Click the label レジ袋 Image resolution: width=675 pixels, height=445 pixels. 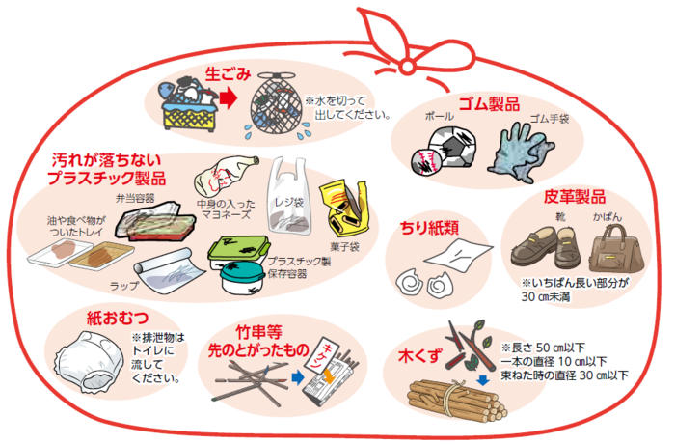pos(290,203)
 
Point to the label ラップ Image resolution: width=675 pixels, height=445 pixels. pos(124,286)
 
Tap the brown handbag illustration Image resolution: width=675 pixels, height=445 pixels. pos(614,250)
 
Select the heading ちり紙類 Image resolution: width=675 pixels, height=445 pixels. pos(429,229)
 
